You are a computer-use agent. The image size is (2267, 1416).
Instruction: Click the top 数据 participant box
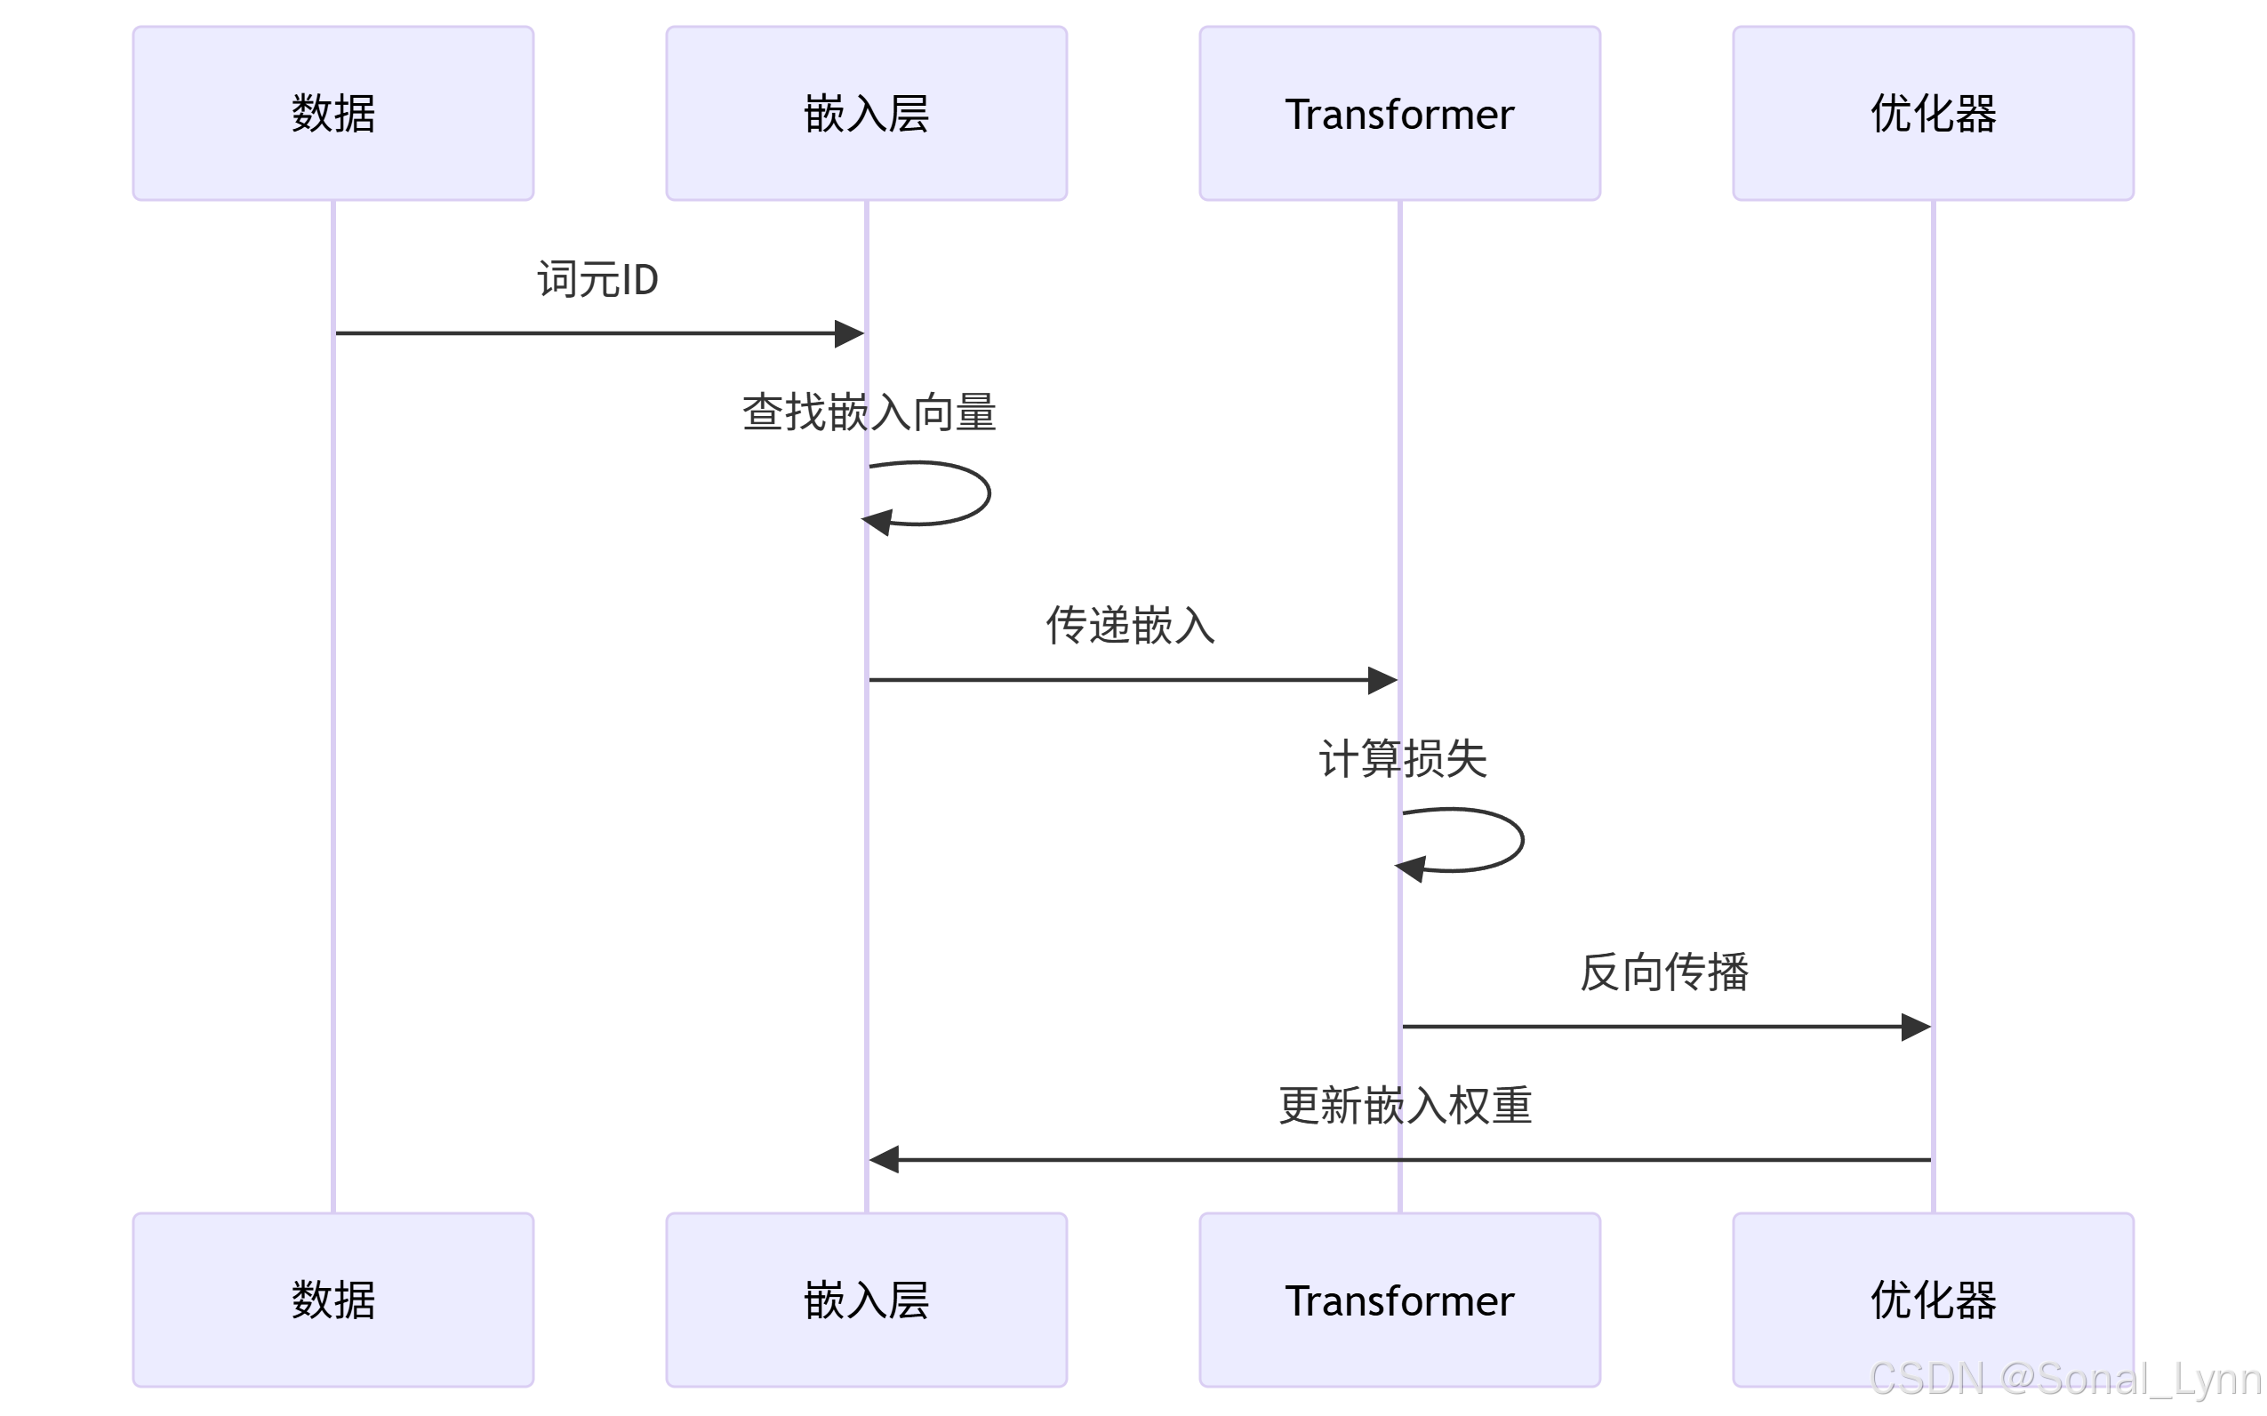(332, 113)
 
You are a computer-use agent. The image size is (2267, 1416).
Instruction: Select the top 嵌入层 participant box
(866, 113)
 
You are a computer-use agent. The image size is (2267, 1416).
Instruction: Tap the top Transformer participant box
(1399, 113)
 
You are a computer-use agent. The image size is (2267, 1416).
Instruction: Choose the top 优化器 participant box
(1933, 113)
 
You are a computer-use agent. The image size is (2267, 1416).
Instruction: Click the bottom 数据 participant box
(332, 1300)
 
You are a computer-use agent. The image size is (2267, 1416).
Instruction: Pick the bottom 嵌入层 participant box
(866, 1300)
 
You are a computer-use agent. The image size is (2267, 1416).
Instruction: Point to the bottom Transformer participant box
(1399, 1300)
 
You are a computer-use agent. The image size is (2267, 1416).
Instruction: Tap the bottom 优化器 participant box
(1933, 1300)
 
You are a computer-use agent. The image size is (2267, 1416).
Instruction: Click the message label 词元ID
(597, 280)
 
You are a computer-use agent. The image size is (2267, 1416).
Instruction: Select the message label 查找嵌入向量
(869, 413)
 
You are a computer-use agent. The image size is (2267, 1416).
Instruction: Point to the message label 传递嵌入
(1130, 626)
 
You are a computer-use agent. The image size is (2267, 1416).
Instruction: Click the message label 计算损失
(1403, 758)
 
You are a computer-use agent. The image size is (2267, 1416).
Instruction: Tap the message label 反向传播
(1664, 972)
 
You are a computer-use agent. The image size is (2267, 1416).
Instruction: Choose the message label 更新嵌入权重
(1405, 1106)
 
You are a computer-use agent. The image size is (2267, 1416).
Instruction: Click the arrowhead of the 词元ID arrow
(849, 333)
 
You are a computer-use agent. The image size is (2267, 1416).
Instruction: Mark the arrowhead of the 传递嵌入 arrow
(1382, 680)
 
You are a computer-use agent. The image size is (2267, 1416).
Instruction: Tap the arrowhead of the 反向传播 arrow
(1916, 1027)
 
